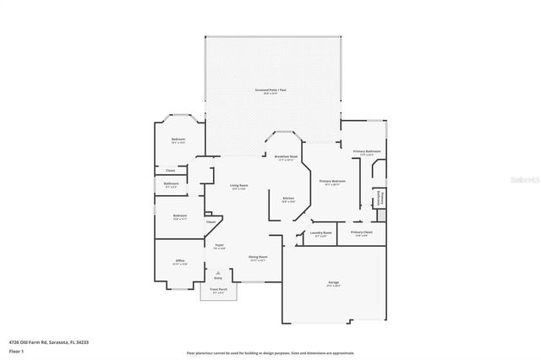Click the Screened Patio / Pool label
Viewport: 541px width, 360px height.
coord(273,90)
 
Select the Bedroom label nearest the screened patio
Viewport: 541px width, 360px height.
coord(178,139)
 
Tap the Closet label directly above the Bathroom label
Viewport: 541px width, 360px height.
coord(171,170)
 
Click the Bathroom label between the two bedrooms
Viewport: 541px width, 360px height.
coord(171,183)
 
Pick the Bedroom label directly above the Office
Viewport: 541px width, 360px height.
coord(179,215)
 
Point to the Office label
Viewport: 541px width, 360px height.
coord(179,260)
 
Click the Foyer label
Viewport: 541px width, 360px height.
coord(219,244)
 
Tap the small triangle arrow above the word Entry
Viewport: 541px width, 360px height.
coord(218,271)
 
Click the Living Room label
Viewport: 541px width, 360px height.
coord(239,185)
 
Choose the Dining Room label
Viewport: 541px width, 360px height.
coord(258,257)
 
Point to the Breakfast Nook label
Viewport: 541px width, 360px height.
coord(285,156)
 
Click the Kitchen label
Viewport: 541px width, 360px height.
coord(288,199)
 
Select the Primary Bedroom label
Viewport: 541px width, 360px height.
coord(331,182)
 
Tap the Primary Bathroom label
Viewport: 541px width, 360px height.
coord(367,152)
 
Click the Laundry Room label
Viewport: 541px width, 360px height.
coord(320,232)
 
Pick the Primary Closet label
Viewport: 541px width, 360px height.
coord(361,232)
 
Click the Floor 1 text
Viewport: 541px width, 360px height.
coord(15,350)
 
